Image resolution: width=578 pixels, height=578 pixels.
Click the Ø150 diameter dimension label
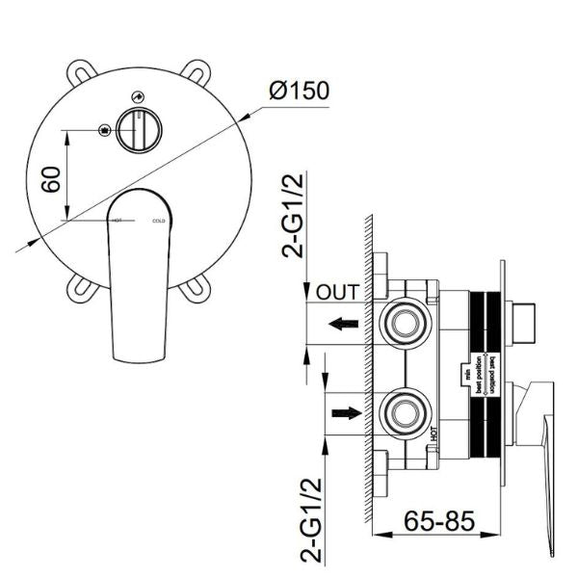(x=301, y=92)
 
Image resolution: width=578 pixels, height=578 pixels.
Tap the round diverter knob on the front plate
(x=139, y=129)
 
